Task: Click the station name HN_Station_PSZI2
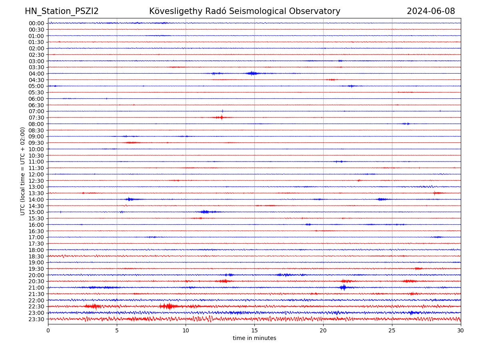point(62,12)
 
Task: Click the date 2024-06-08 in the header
point(431,12)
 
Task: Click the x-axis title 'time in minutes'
point(254,338)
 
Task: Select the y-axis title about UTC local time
point(23,171)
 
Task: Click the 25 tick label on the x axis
point(392,331)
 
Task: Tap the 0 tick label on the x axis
point(48,331)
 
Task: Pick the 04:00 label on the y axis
point(36,74)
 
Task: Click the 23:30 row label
point(36,319)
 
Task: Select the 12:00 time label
point(36,174)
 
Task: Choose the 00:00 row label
point(36,23)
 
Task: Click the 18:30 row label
point(36,256)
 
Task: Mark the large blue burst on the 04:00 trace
point(252,73)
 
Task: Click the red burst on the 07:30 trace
point(221,117)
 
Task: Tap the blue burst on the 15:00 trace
point(205,212)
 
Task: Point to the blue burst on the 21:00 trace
point(343,287)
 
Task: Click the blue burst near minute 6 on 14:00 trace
point(129,199)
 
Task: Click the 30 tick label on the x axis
point(461,331)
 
